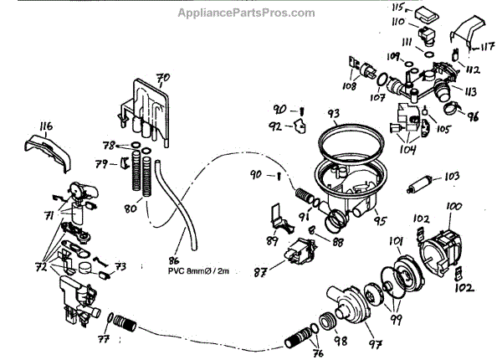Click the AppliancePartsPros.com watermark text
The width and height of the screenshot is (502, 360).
point(247,13)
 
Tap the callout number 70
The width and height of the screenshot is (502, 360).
point(162,78)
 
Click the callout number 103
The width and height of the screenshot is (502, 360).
point(453,177)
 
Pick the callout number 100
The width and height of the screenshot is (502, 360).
point(453,206)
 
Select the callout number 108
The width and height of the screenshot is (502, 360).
point(347,85)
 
